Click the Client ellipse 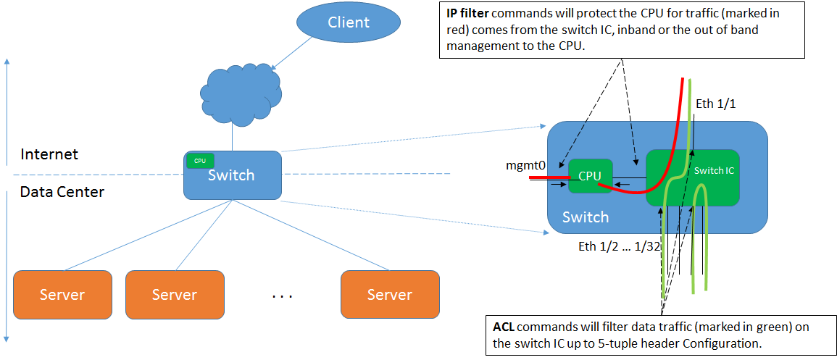tap(349, 22)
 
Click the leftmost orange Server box tap(62, 294)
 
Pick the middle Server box tap(175, 294)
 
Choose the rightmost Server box tap(390, 294)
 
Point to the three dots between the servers tap(281, 296)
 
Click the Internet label tap(49, 154)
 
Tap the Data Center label tap(62, 192)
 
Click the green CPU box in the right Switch tap(590, 176)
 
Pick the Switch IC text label tap(714, 170)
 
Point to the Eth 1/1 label tap(715, 104)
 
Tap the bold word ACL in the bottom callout tap(504, 327)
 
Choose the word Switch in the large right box tap(586, 217)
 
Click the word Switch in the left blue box tap(231, 175)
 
